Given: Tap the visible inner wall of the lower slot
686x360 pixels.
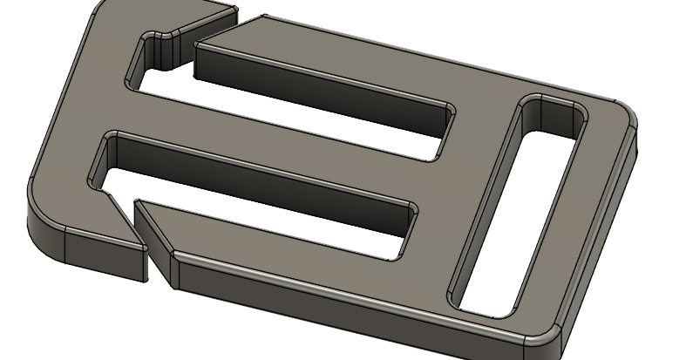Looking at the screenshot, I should pos(261,170).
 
